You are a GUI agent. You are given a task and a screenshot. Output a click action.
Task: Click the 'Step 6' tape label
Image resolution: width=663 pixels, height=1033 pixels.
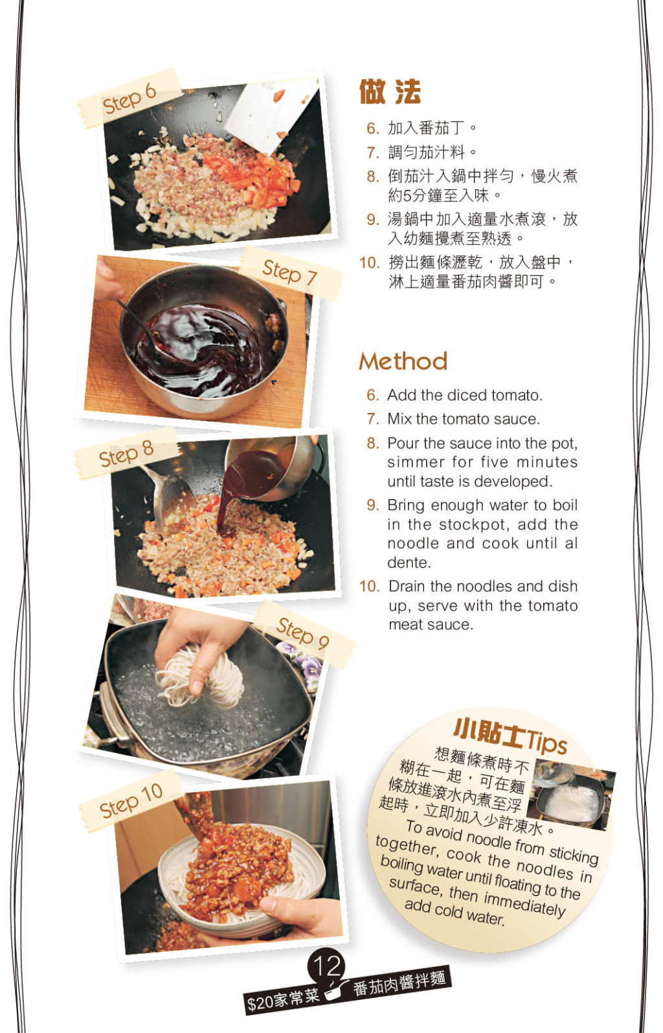click(x=129, y=98)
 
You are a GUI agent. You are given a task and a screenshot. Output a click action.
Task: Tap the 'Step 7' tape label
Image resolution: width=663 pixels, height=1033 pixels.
click(x=290, y=273)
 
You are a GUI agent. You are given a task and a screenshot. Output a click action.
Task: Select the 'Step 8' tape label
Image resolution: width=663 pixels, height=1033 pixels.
click(x=126, y=453)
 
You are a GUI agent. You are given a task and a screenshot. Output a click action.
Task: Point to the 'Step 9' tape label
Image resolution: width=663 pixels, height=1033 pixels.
click(x=303, y=633)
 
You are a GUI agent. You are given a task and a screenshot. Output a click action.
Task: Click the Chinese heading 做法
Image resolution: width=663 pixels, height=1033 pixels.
click(x=390, y=92)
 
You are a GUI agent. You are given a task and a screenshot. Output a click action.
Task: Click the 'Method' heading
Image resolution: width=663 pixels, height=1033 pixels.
click(x=403, y=361)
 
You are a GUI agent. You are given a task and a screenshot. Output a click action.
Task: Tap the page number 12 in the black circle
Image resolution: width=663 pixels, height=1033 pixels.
click(x=327, y=966)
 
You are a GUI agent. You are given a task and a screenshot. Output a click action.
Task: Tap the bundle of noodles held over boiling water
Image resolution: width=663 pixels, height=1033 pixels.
click(x=199, y=678)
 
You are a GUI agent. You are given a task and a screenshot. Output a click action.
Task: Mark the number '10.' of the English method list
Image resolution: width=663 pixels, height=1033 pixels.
click(x=370, y=586)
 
